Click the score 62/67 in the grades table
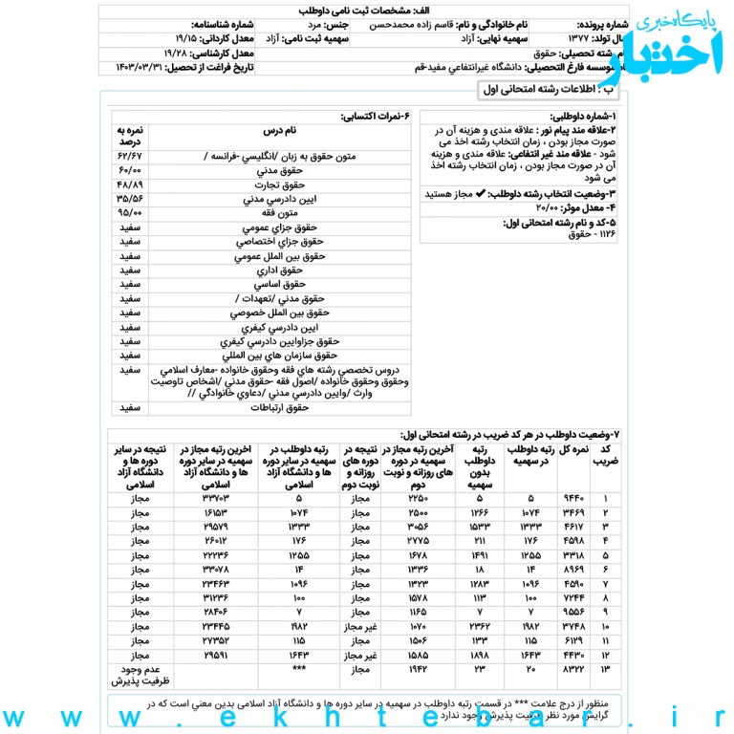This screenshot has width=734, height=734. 131,156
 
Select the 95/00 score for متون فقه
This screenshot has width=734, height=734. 131,213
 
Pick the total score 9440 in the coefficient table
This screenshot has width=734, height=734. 572,498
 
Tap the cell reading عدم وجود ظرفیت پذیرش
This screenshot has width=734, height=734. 140,677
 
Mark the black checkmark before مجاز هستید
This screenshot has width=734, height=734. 481,193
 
